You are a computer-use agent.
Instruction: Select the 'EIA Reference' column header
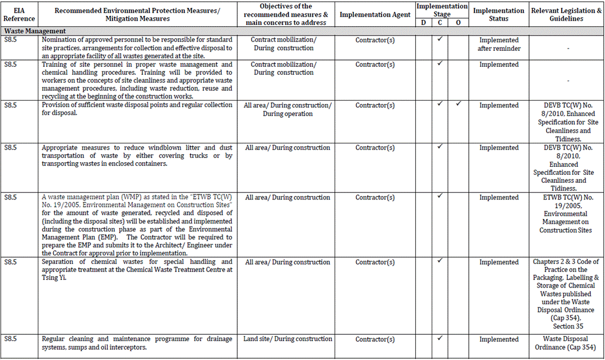(x=19, y=14)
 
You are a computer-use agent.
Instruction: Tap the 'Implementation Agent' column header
(x=375, y=15)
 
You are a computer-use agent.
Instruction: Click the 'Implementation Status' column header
(x=499, y=14)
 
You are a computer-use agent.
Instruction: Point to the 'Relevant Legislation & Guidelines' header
(x=565, y=14)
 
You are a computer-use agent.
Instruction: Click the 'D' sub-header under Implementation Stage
(x=423, y=22)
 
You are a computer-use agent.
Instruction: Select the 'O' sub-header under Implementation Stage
(x=458, y=22)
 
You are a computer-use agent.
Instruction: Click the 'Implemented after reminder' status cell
(x=499, y=45)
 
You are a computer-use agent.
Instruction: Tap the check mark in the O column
(x=458, y=105)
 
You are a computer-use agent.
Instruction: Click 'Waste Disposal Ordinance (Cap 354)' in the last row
(x=565, y=343)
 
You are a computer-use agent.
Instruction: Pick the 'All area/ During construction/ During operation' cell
(x=287, y=109)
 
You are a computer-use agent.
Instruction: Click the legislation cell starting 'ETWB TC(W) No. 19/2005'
(x=565, y=214)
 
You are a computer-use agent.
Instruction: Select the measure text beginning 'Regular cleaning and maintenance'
(x=137, y=343)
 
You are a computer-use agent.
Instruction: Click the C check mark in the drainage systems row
(x=440, y=338)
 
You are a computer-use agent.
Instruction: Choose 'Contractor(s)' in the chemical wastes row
(x=375, y=262)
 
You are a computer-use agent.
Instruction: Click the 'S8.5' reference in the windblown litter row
(x=10, y=147)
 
